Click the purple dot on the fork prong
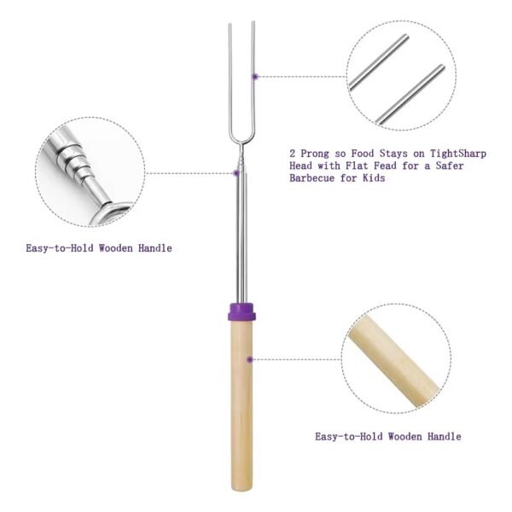[254, 76]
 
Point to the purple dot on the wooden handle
[249, 359]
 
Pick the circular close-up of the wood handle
[394, 359]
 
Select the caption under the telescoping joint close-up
[98, 248]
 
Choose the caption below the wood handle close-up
[388, 436]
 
